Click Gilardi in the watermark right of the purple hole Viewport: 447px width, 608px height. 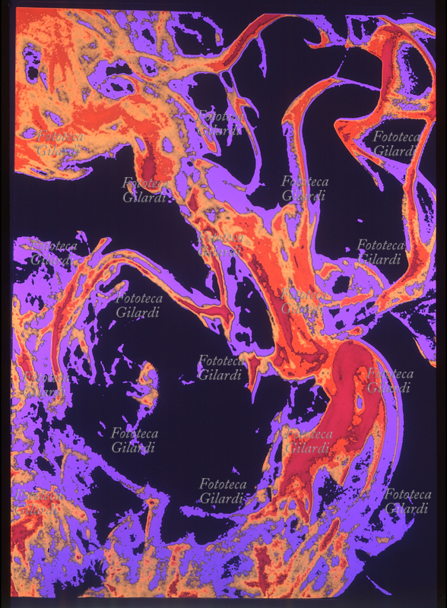pos(391,388)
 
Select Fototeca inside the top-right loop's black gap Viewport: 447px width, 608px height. pos(395,136)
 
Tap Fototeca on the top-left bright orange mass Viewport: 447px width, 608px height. pos(60,137)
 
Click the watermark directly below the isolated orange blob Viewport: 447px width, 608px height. pos(135,440)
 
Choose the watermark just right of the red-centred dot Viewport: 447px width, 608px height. pos(222,491)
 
